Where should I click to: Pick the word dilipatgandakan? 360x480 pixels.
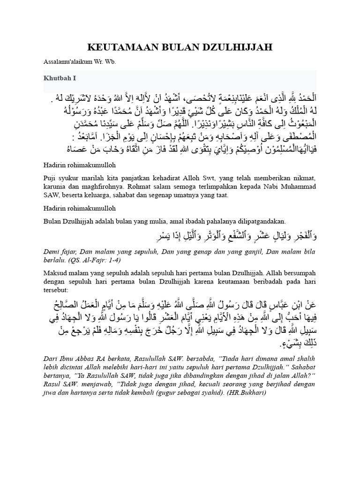[x=260, y=221]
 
